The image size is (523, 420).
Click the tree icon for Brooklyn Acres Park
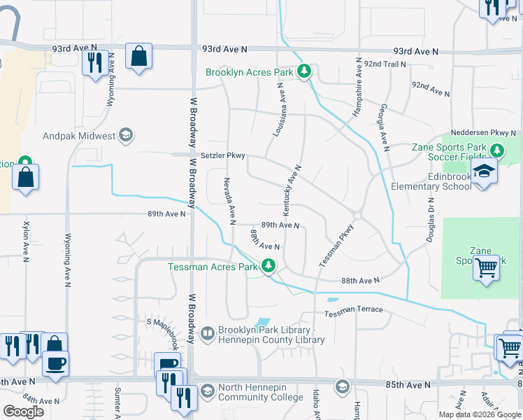pos(303,71)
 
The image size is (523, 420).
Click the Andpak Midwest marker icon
pos(126,136)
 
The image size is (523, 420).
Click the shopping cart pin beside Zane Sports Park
pos(486,267)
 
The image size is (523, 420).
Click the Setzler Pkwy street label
pos(222,156)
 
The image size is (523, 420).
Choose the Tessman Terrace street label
pos(353,309)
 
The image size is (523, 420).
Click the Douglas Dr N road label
pos(430,218)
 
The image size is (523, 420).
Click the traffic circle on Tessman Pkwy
pos(357,216)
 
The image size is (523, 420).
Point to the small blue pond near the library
pos(262,323)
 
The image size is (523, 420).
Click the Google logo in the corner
pos(23,411)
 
